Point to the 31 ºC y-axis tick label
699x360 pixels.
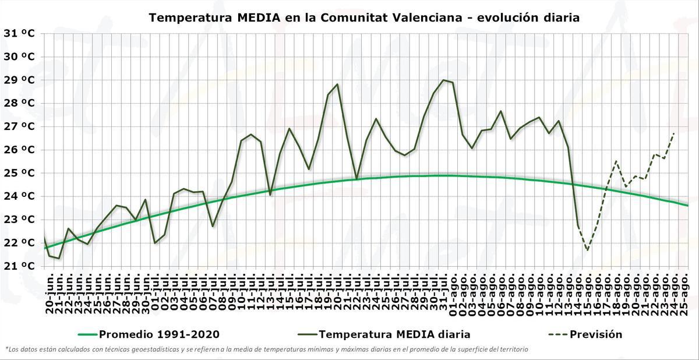click(19, 33)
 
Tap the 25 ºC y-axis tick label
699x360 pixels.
click(19, 173)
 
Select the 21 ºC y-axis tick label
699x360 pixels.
click(19, 266)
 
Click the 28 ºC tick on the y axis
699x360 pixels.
click(19, 103)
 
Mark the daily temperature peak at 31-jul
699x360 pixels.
click(444, 80)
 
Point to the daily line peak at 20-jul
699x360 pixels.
click(337, 84)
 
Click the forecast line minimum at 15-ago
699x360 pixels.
click(587, 250)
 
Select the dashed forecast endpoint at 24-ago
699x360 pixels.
click(674, 133)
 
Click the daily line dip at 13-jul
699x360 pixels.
click(270, 195)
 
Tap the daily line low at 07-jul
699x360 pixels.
click(213, 226)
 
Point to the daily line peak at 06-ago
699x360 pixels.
click(501, 111)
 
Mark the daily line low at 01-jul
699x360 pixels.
click(155, 243)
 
